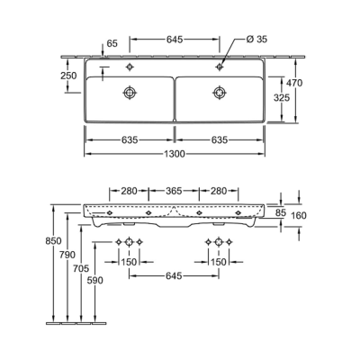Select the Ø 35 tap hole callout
click(258, 40)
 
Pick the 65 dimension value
click(112, 43)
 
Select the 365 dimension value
click(175, 191)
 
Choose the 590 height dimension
click(96, 281)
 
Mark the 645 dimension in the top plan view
click(175, 40)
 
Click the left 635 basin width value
click(130, 139)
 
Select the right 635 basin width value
click(219, 139)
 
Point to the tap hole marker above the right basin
click(219, 67)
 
